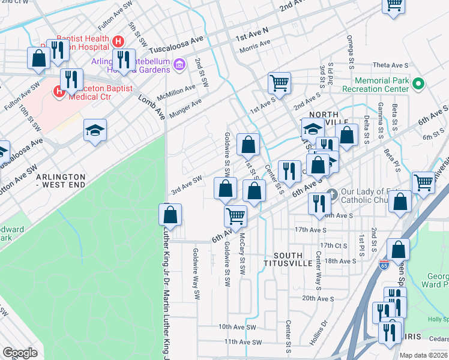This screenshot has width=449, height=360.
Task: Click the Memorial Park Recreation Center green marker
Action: [x=418, y=84]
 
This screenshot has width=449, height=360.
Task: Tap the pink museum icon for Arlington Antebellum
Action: [x=179, y=64]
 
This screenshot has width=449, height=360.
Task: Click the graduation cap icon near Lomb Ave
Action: [x=95, y=130]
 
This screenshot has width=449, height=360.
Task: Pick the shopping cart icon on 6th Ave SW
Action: [x=235, y=215]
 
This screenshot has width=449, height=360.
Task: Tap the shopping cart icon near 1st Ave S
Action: [x=280, y=82]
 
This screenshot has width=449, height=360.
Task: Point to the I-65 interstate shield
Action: [x=384, y=264]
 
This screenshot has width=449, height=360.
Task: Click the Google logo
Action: [x=20, y=353]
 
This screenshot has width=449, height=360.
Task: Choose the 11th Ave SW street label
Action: [x=243, y=342]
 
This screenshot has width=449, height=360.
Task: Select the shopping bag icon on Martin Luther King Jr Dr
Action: [x=170, y=214]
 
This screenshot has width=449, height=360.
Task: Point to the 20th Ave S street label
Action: [x=318, y=298]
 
